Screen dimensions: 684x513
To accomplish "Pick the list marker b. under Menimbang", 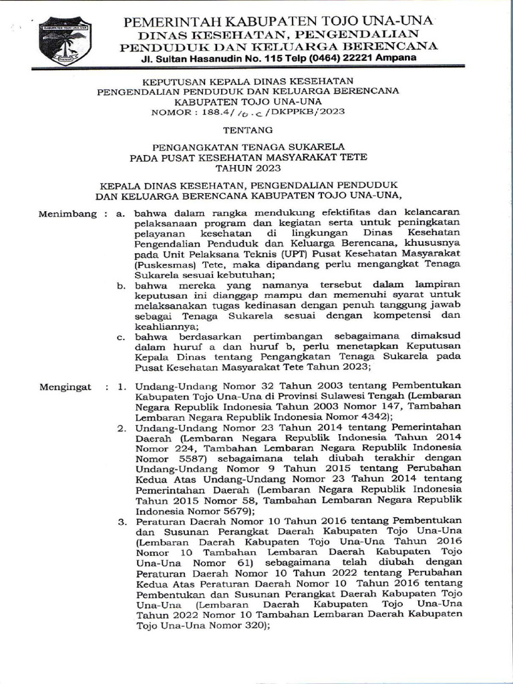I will click(122, 286).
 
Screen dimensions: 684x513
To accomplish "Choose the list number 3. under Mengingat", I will click(122, 520).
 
